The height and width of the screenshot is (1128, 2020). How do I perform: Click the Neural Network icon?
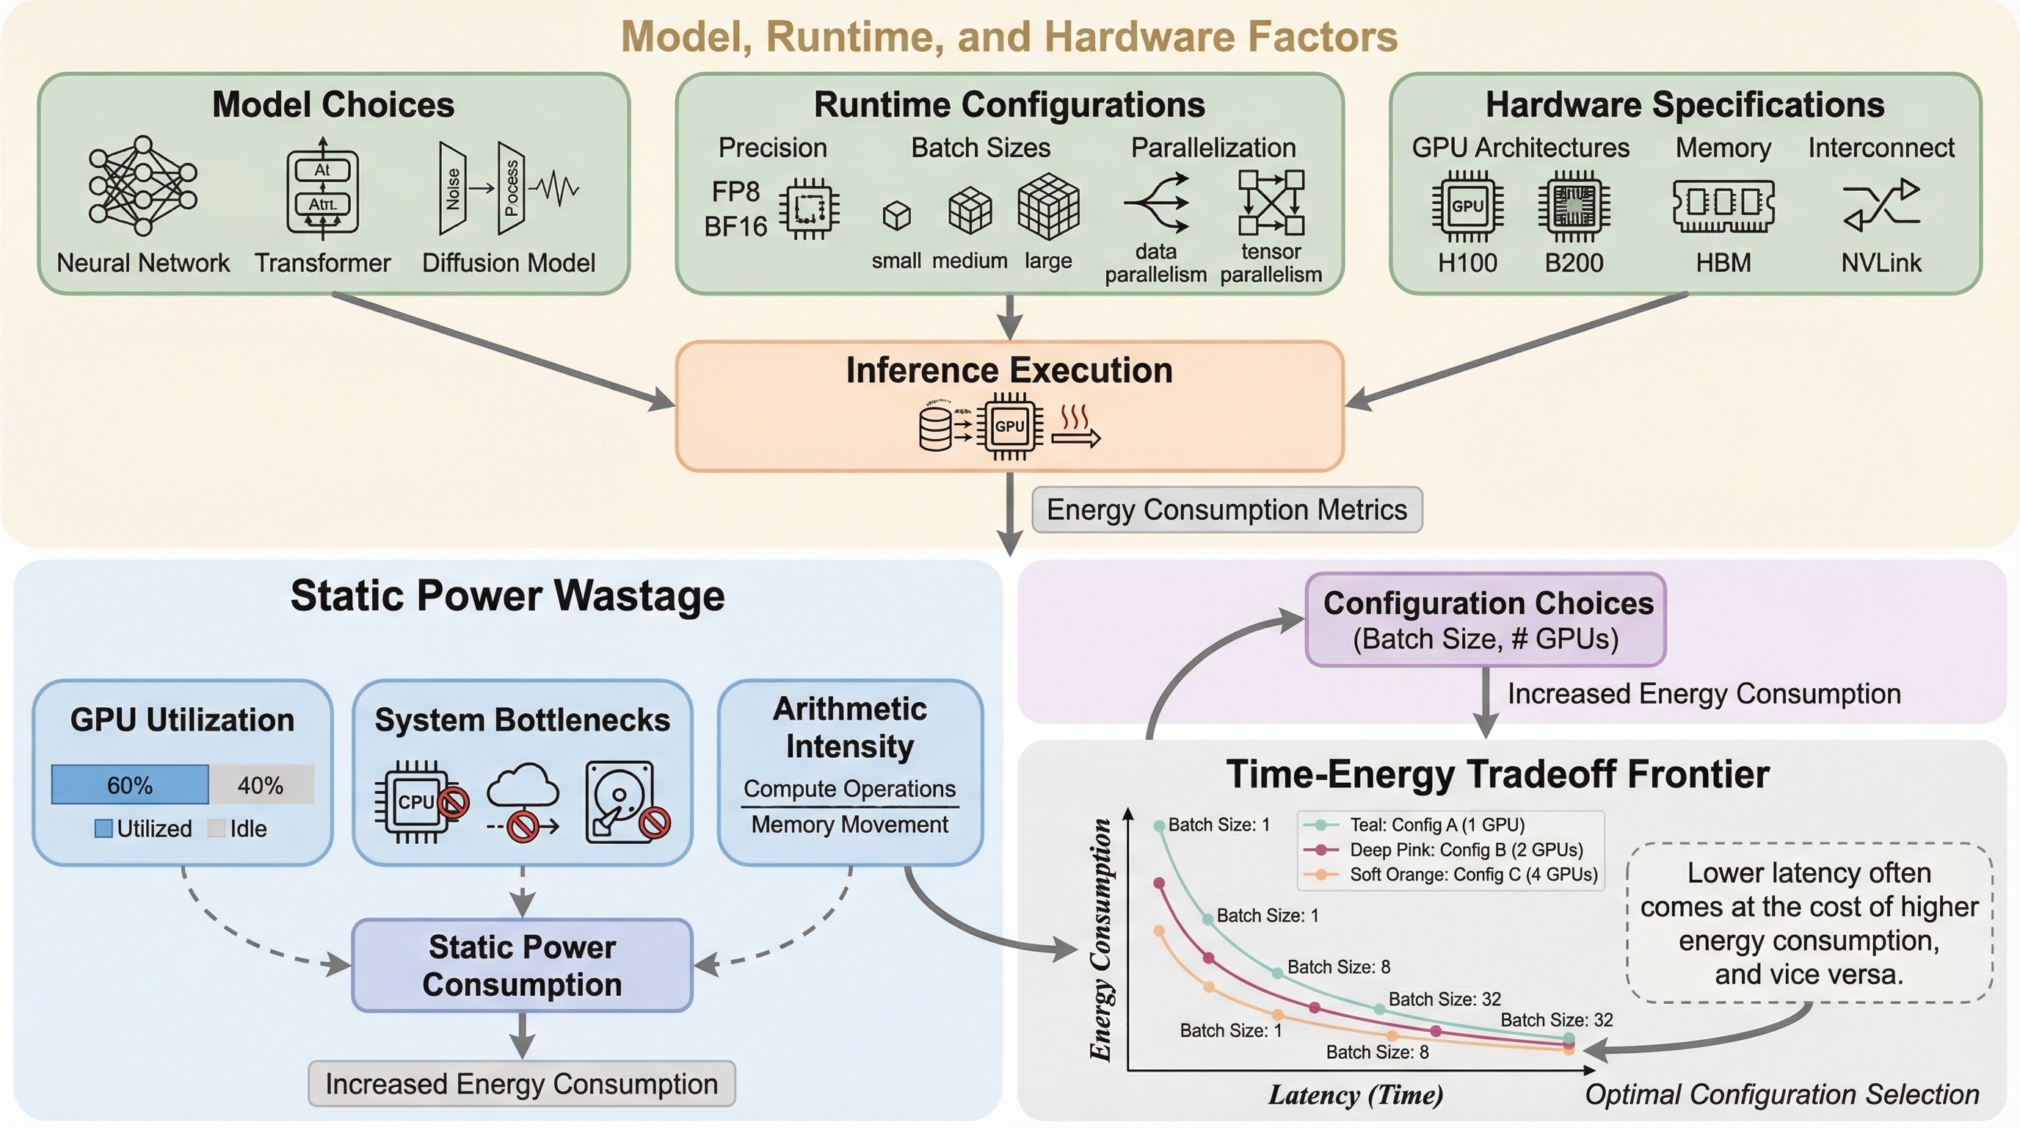[142, 186]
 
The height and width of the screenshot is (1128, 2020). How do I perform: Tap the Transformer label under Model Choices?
[322, 263]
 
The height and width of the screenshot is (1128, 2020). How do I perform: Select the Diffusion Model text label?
[508, 263]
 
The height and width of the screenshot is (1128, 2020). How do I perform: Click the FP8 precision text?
[735, 192]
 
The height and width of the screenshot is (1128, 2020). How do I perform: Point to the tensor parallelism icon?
[1271, 203]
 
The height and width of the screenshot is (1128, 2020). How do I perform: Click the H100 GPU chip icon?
[1467, 206]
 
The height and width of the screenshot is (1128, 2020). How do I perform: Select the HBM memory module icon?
[1723, 206]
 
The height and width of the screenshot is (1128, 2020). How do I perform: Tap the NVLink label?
[1881, 263]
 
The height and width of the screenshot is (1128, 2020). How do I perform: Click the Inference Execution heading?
[1009, 370]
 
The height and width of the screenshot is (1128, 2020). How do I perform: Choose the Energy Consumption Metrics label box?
[1227, 510]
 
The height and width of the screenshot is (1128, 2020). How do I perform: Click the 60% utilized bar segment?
[130, 785]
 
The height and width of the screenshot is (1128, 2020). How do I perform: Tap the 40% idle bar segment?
[261, 785]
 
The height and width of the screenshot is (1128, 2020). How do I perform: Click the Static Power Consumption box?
[523, 966]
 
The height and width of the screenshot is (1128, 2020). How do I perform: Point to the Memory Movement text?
[849, 825]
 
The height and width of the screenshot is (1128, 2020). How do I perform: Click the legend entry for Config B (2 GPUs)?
[1465, 850]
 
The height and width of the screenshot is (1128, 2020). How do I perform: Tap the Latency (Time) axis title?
[1356, 1094]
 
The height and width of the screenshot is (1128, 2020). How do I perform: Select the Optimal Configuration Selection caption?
[1781, 1094]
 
